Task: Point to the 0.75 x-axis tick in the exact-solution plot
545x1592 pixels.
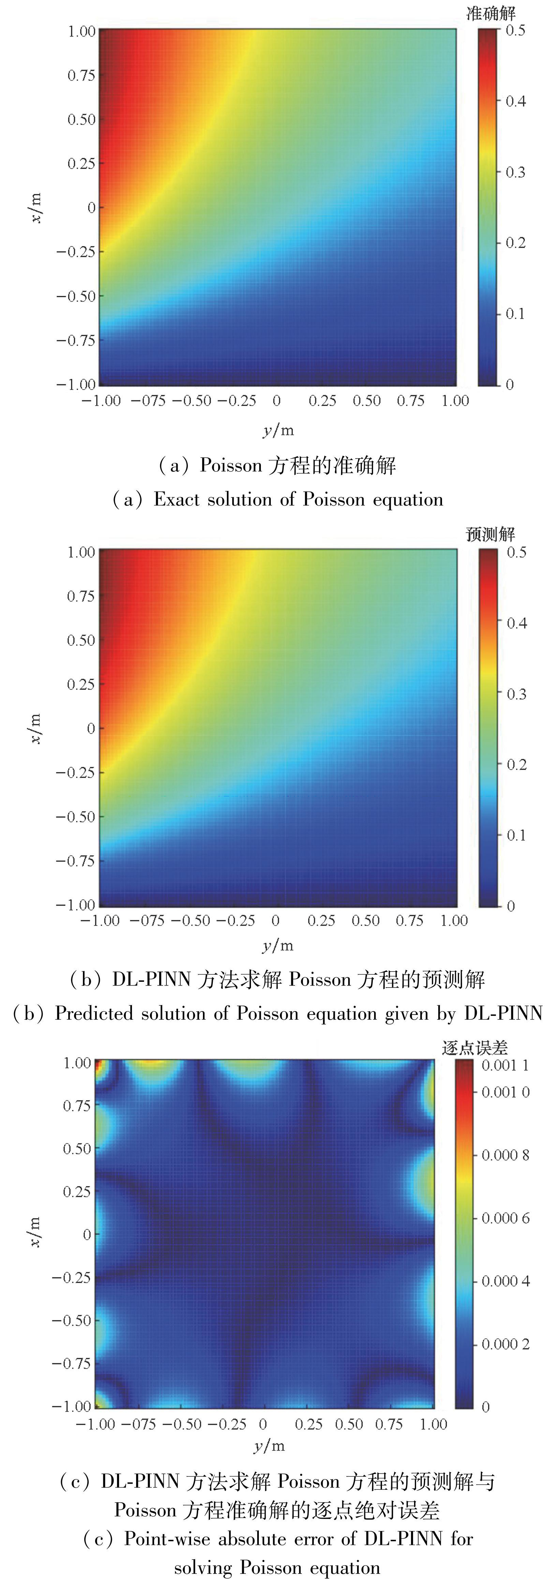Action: click(x=411, y=401)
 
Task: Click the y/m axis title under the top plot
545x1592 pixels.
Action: click(x=278, y=430)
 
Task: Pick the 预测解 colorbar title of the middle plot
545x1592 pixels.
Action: click(x=490, y=534)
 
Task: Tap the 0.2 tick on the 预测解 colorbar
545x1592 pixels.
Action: click(x=516, y=765)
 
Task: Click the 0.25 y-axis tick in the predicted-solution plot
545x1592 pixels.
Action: click(x=81, y=684)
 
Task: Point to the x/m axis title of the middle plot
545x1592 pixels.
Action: click(x=35, y=728)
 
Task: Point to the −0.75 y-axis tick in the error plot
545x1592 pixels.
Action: click(x=71, y=1363)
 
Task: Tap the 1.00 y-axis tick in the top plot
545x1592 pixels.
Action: click(x=81, y=31)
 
